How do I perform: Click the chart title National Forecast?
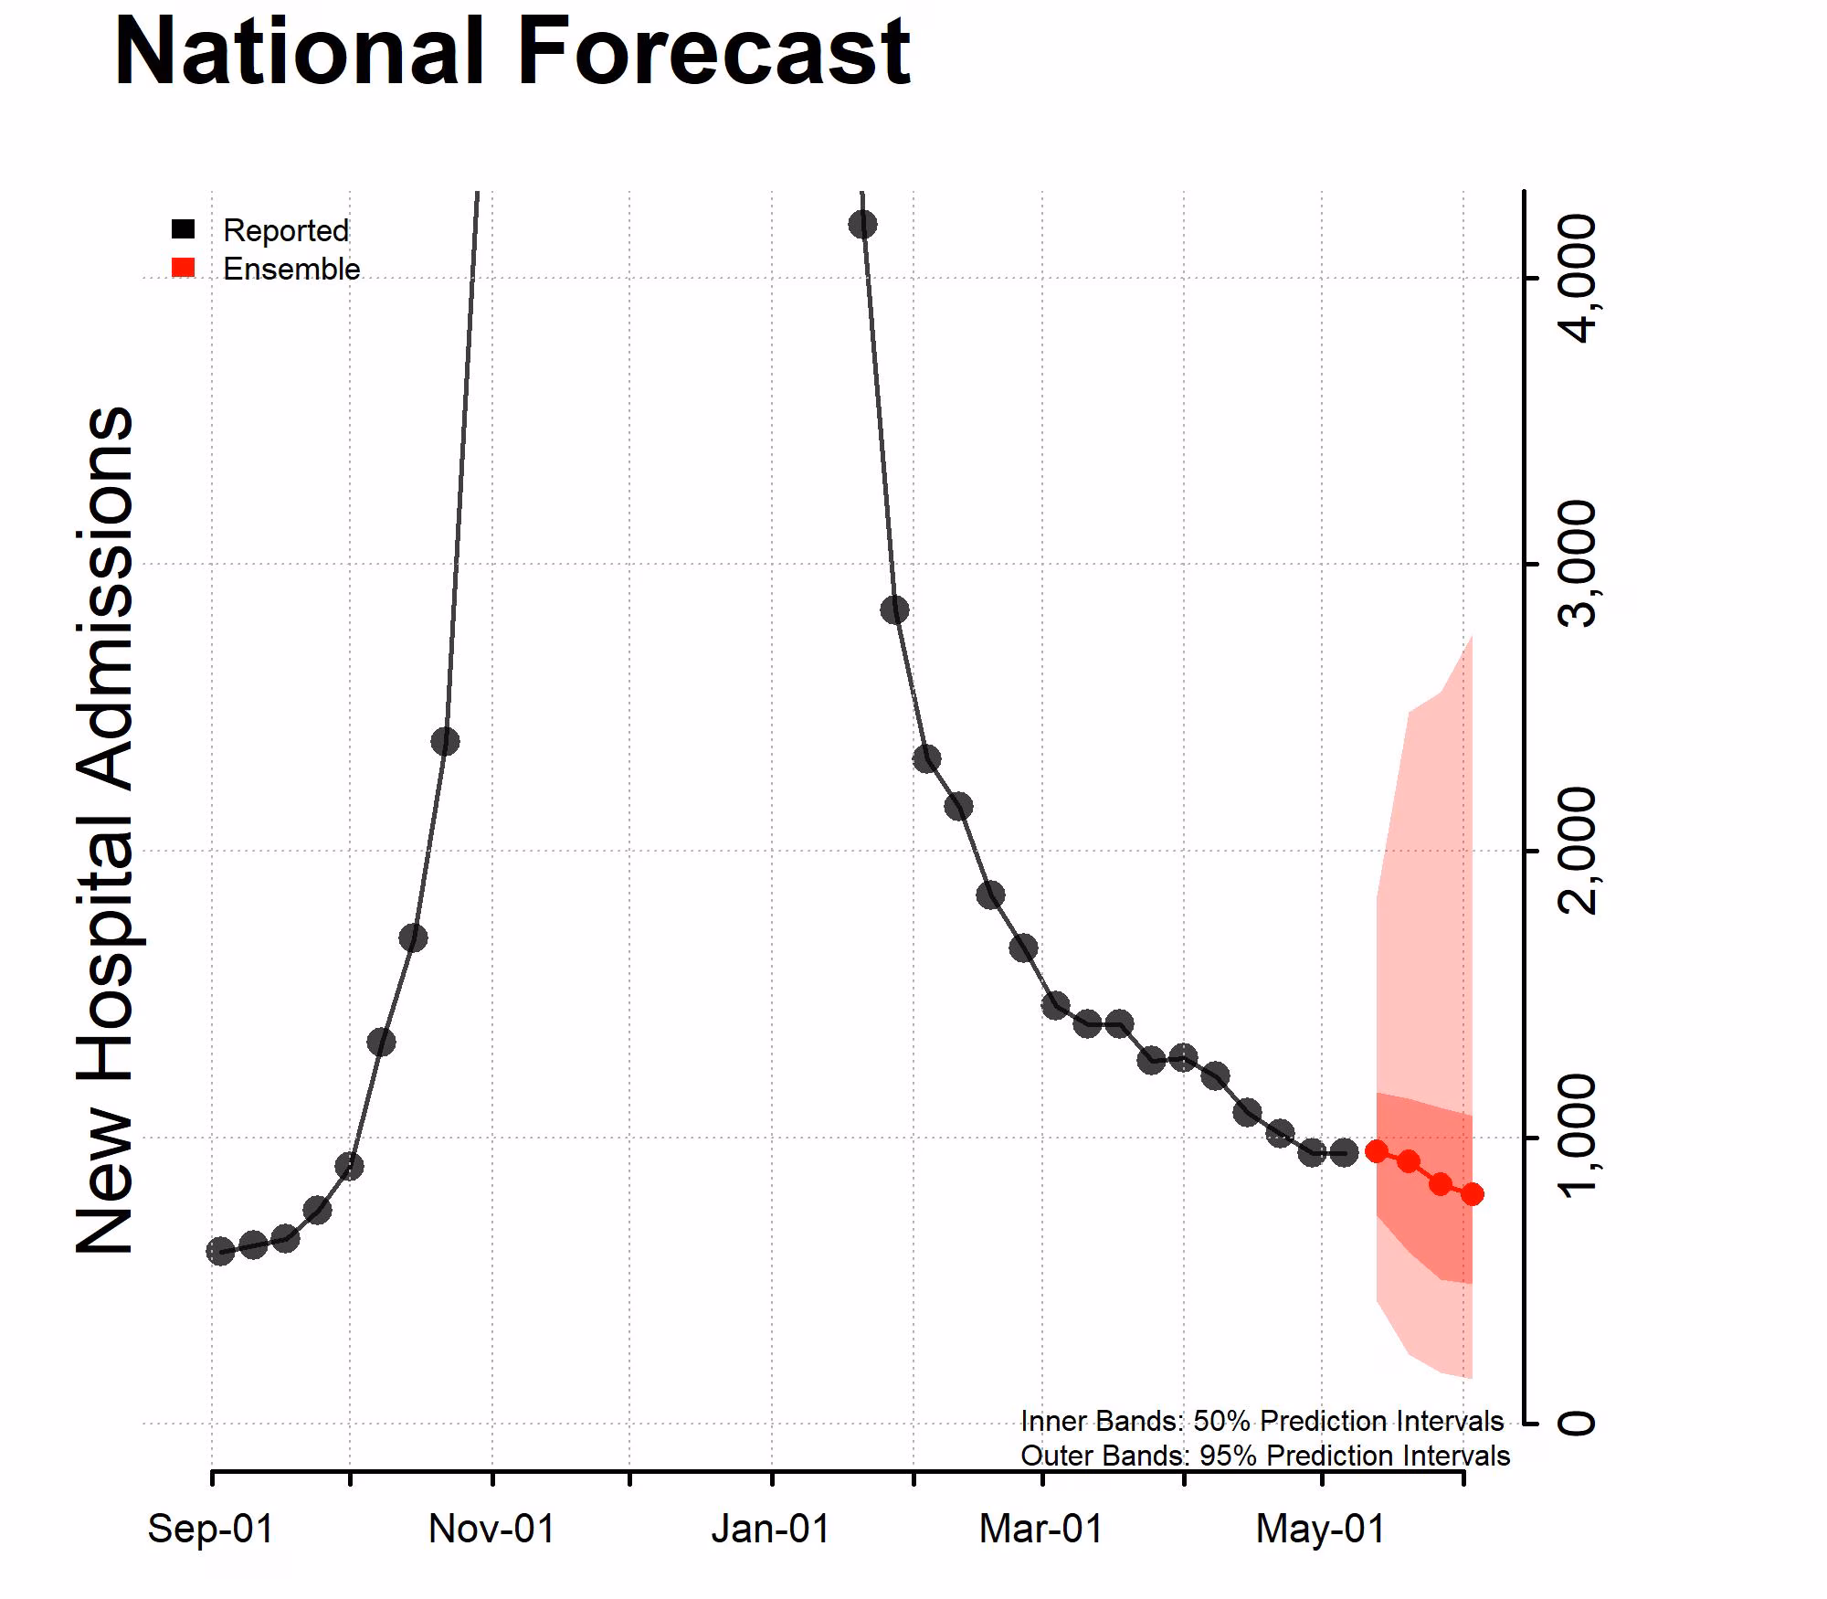[512, 52]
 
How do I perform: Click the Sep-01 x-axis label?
[211, 1529]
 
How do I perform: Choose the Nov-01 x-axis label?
[491, 1529]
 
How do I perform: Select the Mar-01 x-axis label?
[1041, 1529]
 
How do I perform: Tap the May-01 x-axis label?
[1321, 1529]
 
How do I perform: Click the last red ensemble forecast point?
[1472, 1194]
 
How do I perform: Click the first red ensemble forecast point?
[1377, 1151]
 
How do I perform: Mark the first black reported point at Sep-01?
[220, 1251]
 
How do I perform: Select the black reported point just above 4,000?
[862, 224]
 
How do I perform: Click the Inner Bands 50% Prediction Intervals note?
[1262, 1421]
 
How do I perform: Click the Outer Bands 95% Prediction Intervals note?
[1264, 1456]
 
